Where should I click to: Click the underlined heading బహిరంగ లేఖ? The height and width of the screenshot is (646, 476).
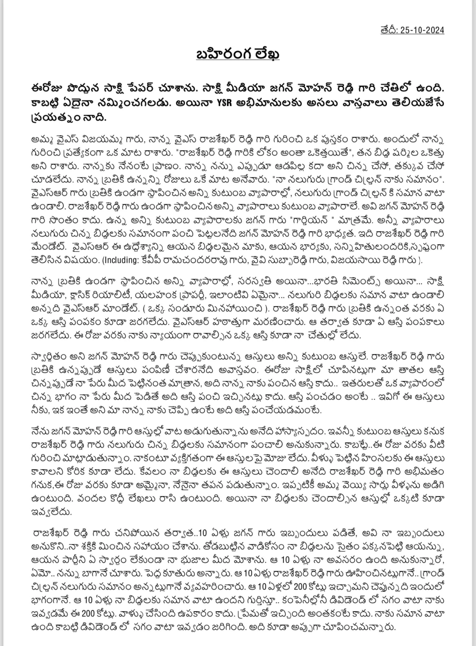(x=238, y=55)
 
